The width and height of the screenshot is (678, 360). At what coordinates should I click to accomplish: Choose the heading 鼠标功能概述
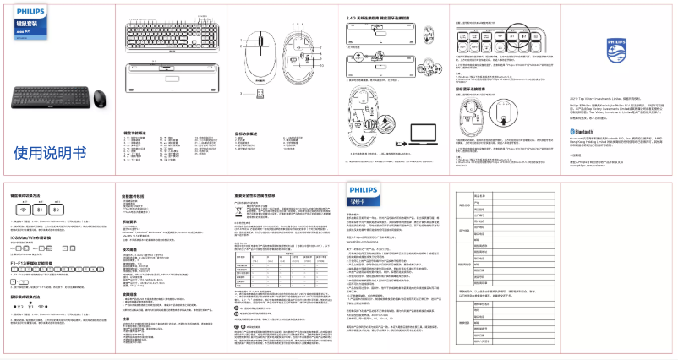coord(249,132)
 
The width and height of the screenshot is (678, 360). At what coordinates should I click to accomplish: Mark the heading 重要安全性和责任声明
coord(260,195)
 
